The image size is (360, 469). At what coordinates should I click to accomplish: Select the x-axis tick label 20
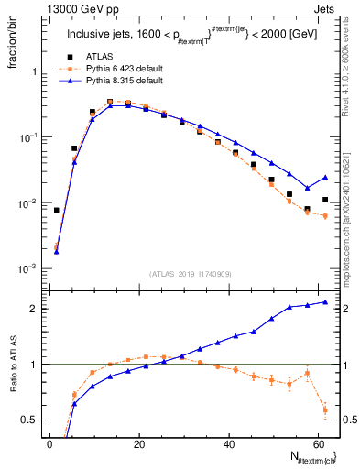click(138, 444)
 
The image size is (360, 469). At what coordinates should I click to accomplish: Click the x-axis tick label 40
click(228, 444)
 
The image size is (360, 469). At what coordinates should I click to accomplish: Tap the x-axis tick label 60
click(317, 444)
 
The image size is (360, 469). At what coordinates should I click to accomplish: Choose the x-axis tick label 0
click(49, 444)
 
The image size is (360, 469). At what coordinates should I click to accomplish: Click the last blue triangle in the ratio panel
click(325, 302)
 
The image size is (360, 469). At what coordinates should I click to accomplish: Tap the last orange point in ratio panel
click(325, 409)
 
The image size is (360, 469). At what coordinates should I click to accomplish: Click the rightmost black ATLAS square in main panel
click(325, 200)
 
